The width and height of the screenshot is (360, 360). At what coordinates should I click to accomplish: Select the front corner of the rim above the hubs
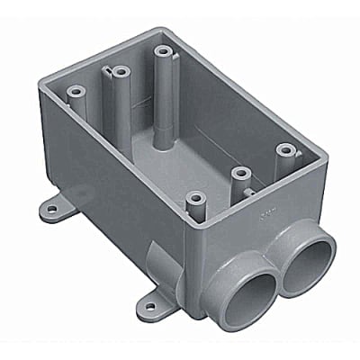pyautogui.click(x=190, y=224)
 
